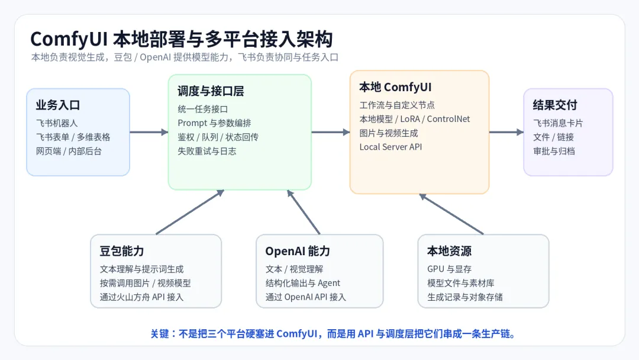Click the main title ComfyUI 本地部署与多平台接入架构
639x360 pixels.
coord(182,39)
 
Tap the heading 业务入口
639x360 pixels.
coord(58,105)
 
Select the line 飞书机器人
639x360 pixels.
coord(57,123)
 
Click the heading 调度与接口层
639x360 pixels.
coord(211,91)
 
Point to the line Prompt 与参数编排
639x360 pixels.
coord(214,123)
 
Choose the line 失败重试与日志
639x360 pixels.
coord(207,151)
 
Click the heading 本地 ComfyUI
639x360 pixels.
coord(395,87)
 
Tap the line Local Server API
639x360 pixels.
coord(391,147)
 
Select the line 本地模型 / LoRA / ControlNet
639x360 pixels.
coord(414,119)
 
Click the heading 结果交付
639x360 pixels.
coord(555,105)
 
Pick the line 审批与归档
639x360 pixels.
coord(554,151)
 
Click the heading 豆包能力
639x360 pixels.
coord(122,251)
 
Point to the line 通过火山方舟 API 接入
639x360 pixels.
coord(141,297)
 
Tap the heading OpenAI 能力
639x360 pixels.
coord(298,251)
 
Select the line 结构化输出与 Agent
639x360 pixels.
coord(303,283)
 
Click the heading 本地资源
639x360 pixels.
coord(449,251)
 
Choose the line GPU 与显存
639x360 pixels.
coord(449,269)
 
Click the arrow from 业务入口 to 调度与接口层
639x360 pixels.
coord(149,132)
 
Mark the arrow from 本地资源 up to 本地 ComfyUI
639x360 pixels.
coord(451,214)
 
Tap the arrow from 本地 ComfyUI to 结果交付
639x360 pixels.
coord(506,132)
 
